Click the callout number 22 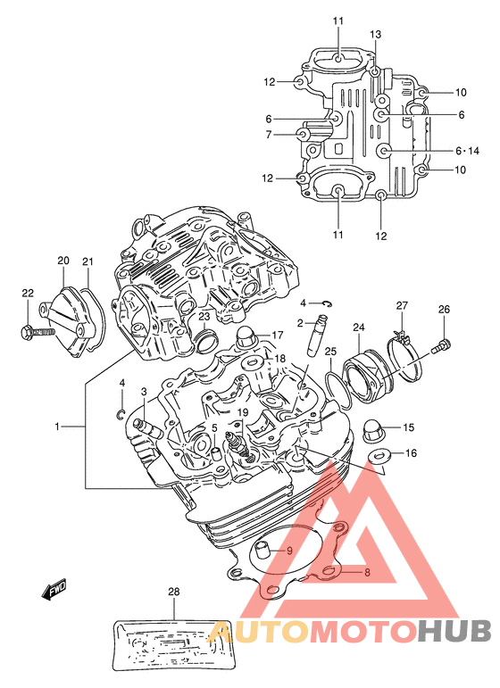28,293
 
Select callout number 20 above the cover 63,261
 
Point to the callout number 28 174,592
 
